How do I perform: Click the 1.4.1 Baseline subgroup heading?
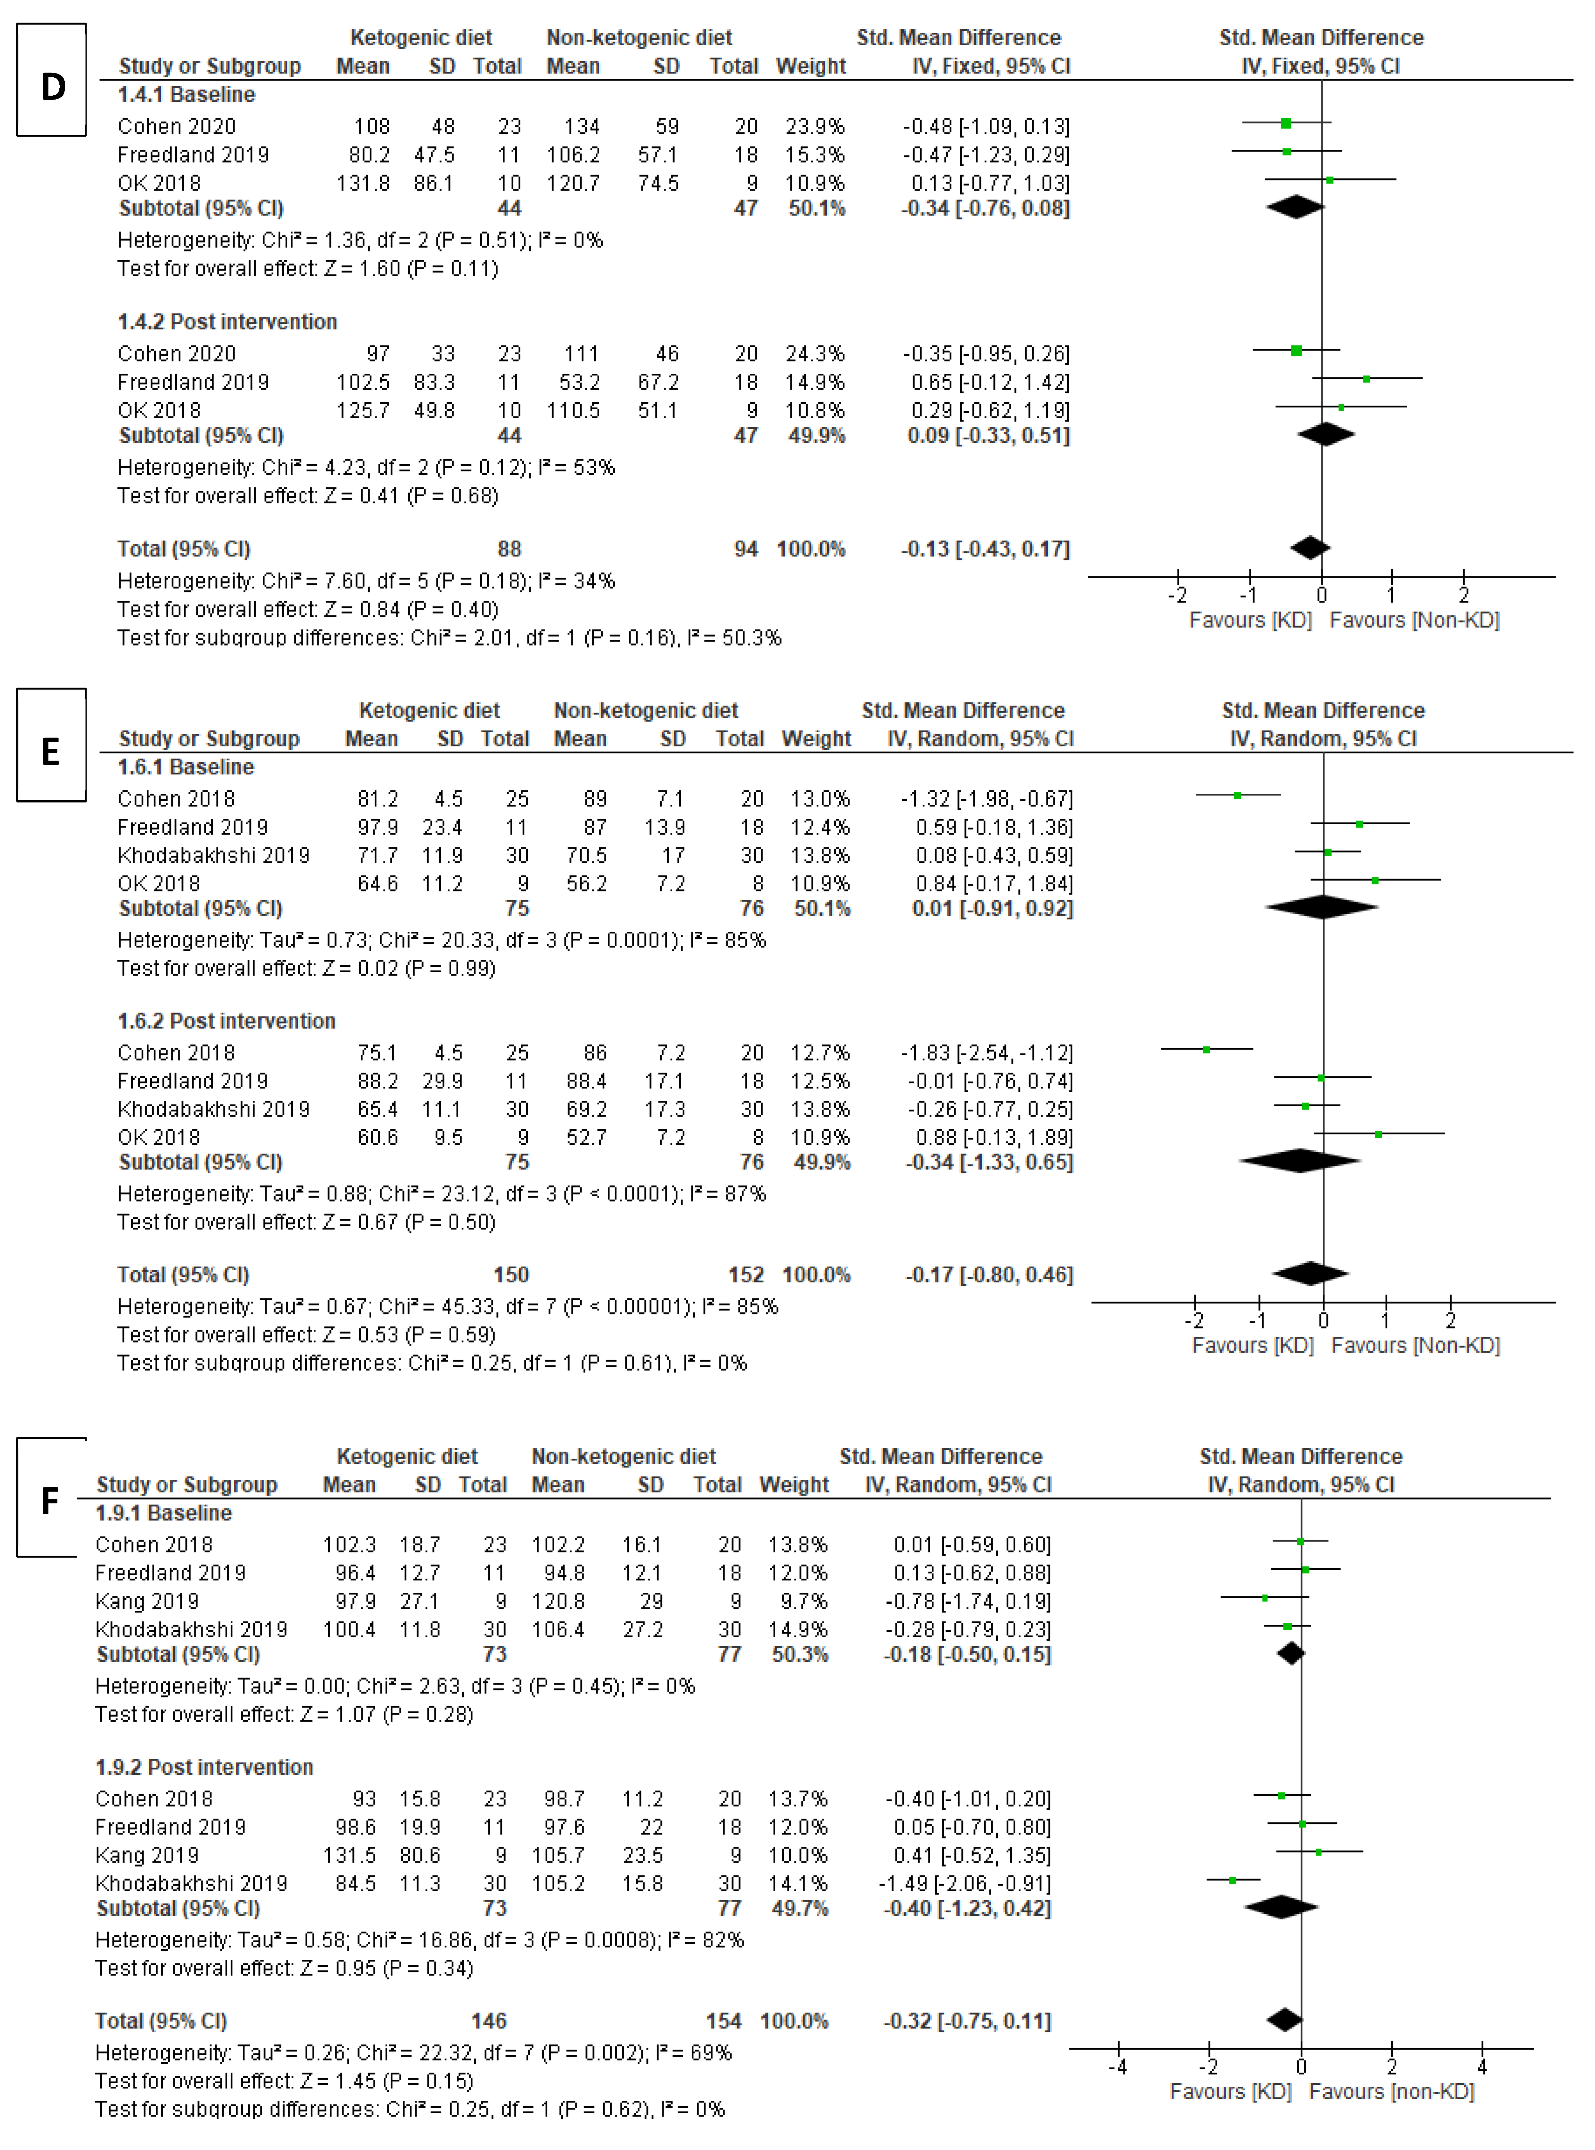click(186, 94)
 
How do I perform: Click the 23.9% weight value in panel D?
click(816, 127)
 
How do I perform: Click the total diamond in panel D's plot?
click(1310, 547)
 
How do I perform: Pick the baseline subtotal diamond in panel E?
click(1322, 907)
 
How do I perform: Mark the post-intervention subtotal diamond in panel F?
click(1281, 1907)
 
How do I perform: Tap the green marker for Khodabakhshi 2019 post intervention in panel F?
click(1233, 1879)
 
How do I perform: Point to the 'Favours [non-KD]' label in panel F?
click(1391, 2091)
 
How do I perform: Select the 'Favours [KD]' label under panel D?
click(1250, 620)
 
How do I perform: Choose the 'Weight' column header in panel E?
click(816, 739)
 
